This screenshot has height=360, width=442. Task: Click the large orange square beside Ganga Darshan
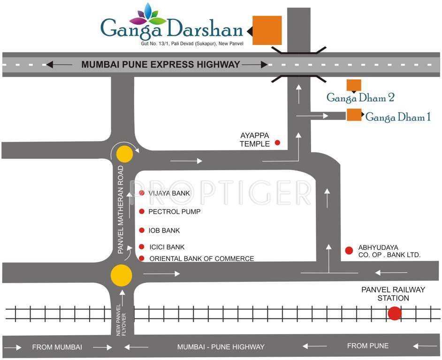(267, 30)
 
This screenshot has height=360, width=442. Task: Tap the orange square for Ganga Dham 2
(354, 85)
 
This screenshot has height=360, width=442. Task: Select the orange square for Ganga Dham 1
(354, 115)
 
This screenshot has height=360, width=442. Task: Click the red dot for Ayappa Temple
(277, 142)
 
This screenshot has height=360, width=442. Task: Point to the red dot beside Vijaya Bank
(142, 193)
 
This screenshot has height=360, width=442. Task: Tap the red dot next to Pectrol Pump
(142, 211)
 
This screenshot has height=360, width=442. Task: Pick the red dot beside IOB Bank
(142, 230)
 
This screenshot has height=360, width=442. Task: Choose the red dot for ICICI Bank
(142, 247)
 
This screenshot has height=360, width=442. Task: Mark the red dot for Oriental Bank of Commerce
(142, 258)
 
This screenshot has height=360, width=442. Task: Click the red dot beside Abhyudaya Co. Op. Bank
(349, 250)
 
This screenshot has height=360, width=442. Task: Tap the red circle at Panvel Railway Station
(395, 313)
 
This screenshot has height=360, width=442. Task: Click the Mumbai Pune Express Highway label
(161, 65)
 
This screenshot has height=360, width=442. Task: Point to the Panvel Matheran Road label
(121, 210)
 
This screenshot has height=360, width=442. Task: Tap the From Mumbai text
(57, 347)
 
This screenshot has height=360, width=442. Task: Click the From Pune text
(368, 346)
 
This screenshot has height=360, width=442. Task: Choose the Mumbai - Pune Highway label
(221, 347)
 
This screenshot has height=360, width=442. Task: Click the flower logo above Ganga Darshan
(148, 15)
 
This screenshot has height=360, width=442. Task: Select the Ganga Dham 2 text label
(360, 97)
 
